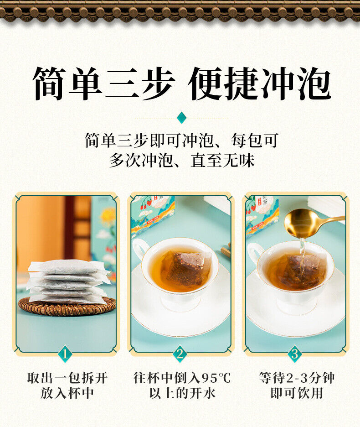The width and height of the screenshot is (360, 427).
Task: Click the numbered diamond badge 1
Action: click(x=65, y=354)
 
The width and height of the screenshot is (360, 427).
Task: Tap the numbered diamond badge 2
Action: click(x=180, y=354)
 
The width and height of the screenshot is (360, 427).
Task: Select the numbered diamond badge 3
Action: click(x=295, y=354)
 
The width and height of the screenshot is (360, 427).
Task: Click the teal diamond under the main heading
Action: click(x=181, y=118)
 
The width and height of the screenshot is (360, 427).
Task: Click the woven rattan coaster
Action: click(x=67, y=307)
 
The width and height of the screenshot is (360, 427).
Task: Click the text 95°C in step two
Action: click(x=216, y=378)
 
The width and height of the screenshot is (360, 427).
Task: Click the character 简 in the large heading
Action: click(x=49, y=83)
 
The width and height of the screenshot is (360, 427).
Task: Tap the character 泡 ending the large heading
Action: click(x=314, y=83)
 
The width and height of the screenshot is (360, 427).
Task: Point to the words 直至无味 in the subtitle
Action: click(x=222, y=161)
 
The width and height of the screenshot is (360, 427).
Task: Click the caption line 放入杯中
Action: click(x=67, y=393)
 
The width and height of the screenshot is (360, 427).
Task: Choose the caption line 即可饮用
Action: click(x=297, y=393)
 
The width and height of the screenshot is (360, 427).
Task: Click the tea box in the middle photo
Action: click(x=152, y=215)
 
